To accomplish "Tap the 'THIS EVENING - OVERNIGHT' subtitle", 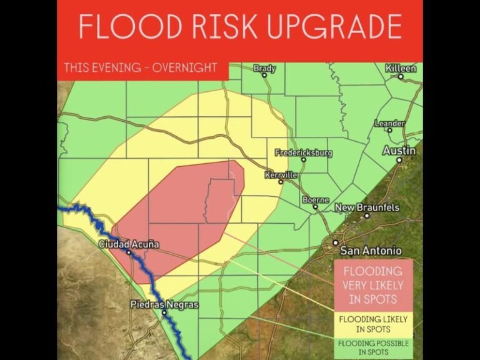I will (141, 68).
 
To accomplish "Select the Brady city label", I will (264, 68).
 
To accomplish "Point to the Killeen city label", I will (401, 67).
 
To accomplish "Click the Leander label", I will (389, 124).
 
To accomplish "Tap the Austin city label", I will (399, 151).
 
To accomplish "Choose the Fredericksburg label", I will (304, 152).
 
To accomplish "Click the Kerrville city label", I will (281, 175).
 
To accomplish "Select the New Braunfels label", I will (367, 207).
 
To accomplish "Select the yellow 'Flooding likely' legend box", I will (374, 323).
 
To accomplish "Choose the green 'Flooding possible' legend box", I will (374, 347).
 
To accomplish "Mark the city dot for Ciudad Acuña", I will (129, 252).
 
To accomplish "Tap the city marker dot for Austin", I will (399, 159).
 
